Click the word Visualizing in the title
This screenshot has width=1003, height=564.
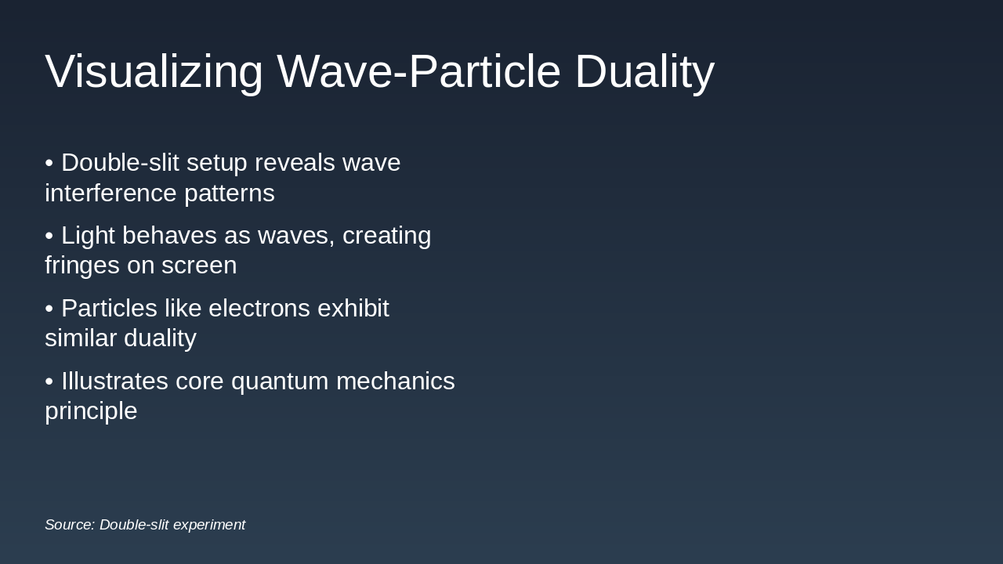click(x=154, y=71)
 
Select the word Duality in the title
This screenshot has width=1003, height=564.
click(x=644, y=71)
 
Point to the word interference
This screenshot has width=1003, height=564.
click(x=110, y=193)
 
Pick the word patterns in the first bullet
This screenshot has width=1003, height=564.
click(x=230, y=193)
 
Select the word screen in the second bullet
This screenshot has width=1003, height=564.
click(x=200, y=266)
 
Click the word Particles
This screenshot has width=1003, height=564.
click(x=109, y=308)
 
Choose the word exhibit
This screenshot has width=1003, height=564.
click(x=353, y=308)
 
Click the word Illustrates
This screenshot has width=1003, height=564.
click(x=114, y=381)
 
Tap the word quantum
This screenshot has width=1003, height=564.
click(x=280, y=381)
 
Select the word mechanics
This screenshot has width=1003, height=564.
click(x=395, y=381)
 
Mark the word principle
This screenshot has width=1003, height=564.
click(x=91, y=411)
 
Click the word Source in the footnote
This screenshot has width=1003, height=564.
click(x=70, y=525)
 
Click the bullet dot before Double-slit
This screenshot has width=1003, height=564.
click(x=49, y=163)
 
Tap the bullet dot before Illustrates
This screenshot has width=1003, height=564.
click(x=49, y=381)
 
